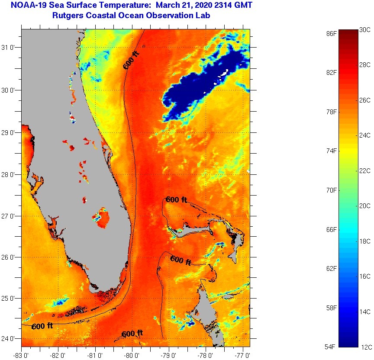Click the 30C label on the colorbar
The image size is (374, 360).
pos(364,30)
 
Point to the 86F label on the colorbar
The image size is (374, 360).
pos(331,33)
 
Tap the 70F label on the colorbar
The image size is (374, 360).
pos(331,190)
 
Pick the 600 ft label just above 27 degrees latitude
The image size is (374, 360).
pos(176,200)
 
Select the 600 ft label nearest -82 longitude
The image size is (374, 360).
pos(42,326)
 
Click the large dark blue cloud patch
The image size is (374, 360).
pos(203,87)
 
